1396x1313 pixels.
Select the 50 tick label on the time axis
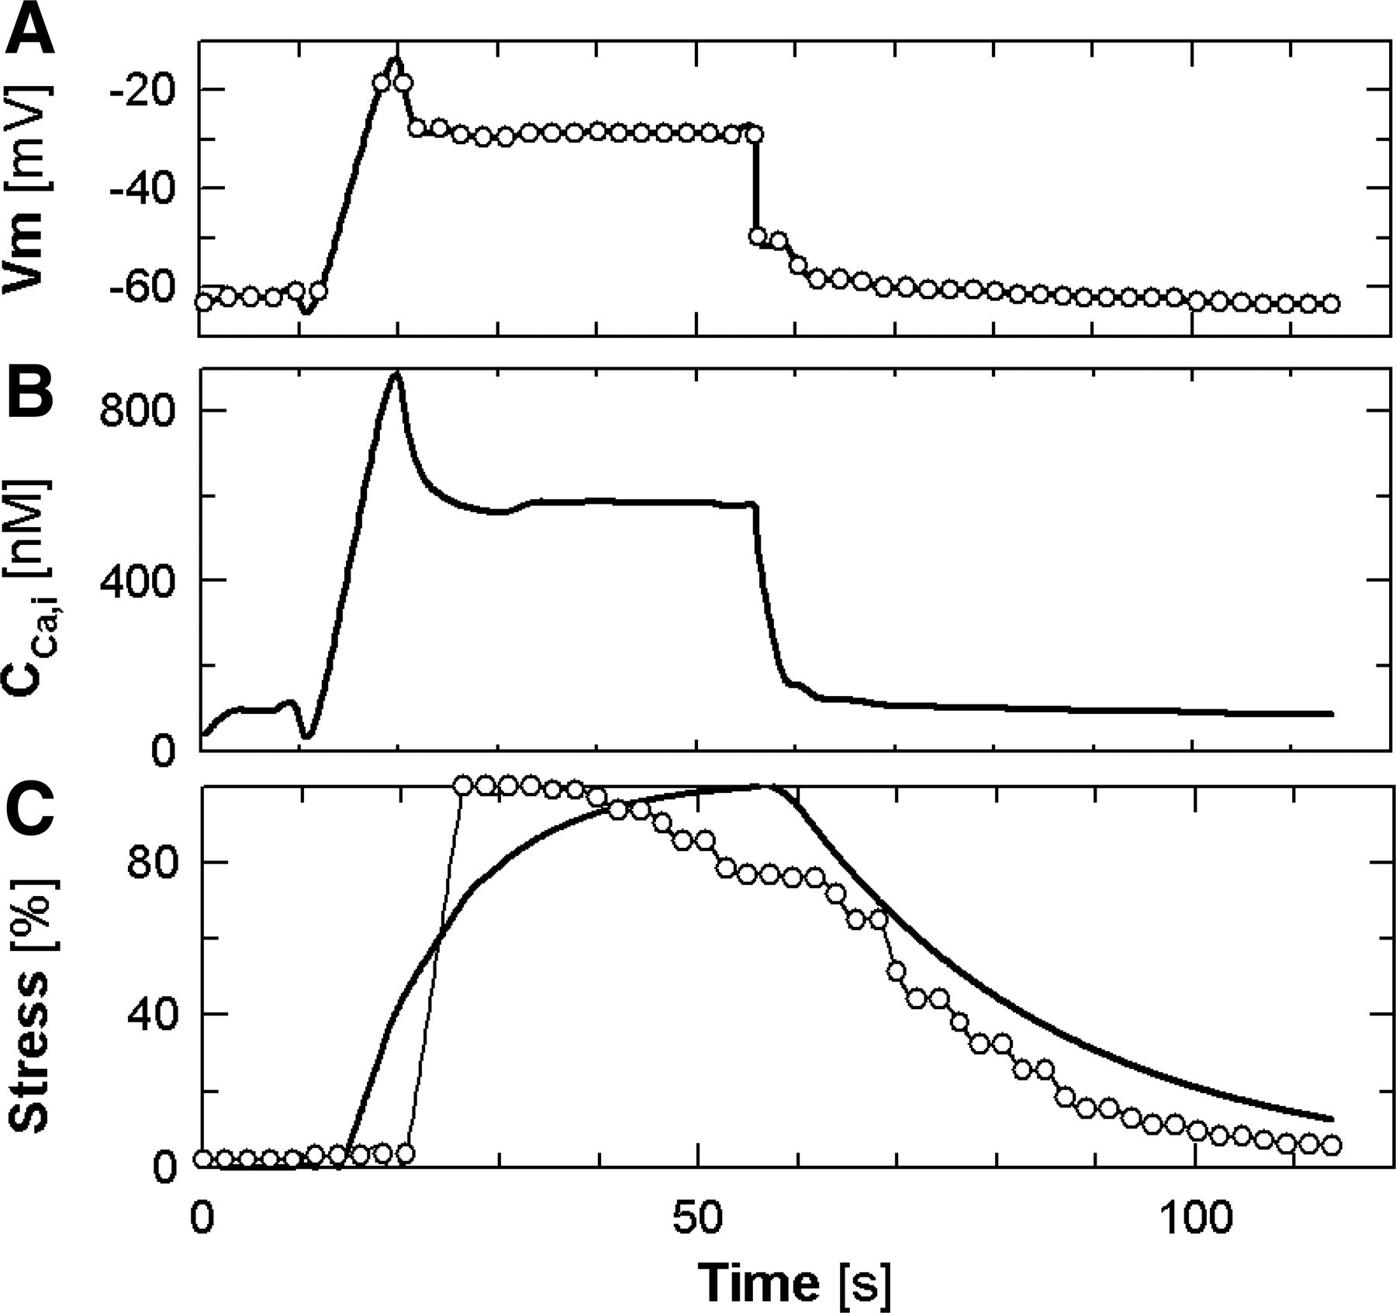coord(698,1218)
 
